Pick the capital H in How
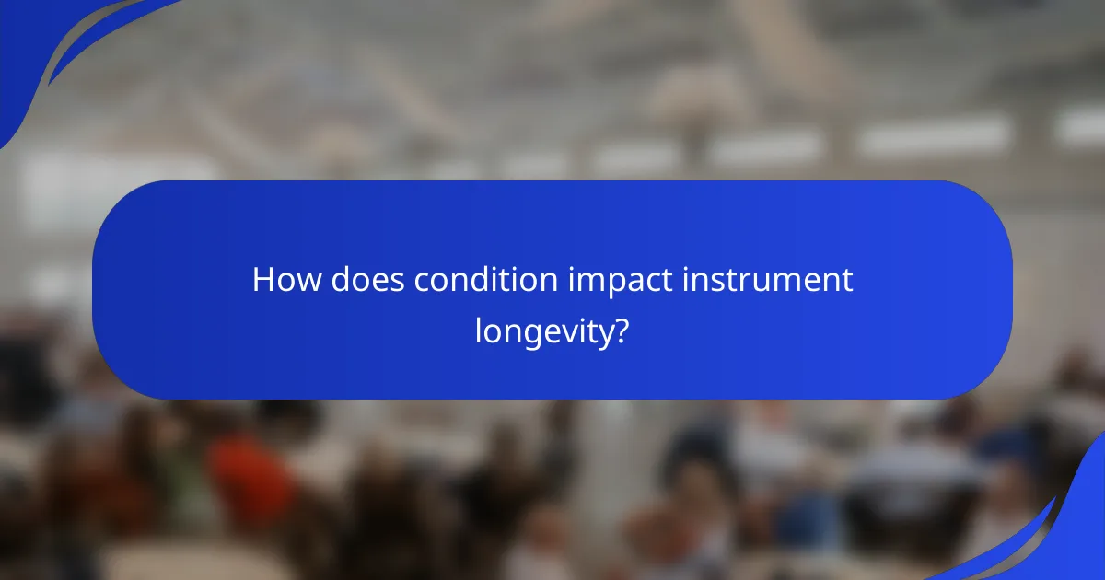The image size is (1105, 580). (x=262, y=280)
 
